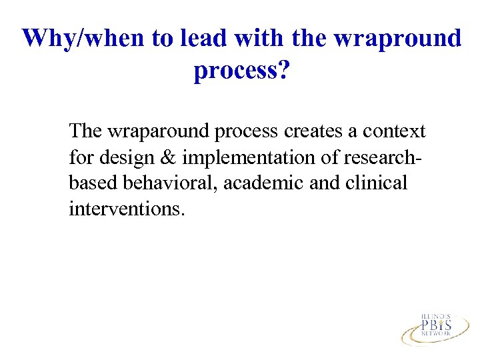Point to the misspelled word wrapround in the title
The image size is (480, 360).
pyautogui.click(x=397, y=38)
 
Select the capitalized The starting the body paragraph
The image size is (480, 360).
pyautogui.click(x=85, y=131)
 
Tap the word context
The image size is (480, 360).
pyautogui.click(x=394, y=131)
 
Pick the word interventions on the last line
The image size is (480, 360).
pyautogui.click(x=125, y=209)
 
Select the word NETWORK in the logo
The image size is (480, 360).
pyautogui.click(x=436, y=335)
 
